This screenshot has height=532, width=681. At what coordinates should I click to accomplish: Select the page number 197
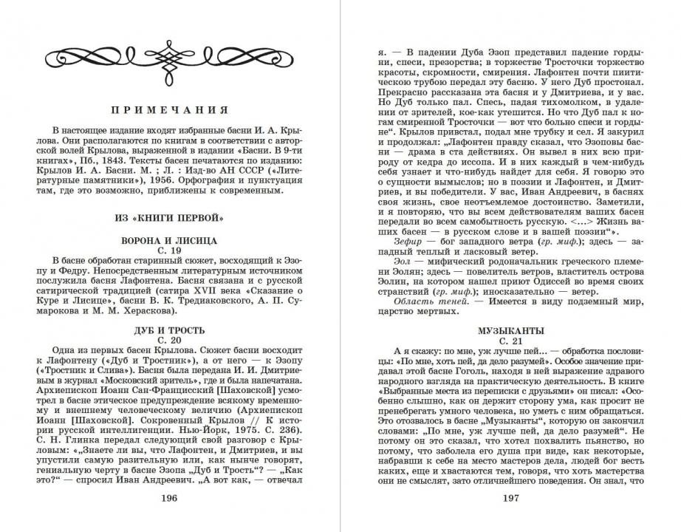pyautogui.click(x=512, y=498)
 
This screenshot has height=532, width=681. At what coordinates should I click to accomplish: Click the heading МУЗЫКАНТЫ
pyautogui.click(x=511, y=330)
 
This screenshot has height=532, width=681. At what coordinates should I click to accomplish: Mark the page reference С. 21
pyautogui.click(x=511, y=341)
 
